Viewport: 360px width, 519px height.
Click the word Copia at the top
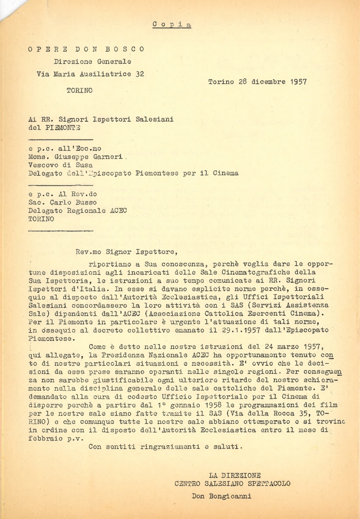pyautogui.click(x=172, y=24)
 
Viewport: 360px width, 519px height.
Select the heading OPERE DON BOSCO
pyautogui.click(x=86, y=49)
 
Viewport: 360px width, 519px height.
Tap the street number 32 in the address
pyautogui.click(x=139, y=74)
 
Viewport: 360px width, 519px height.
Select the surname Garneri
pyautogui.click(x=107, y=157)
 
